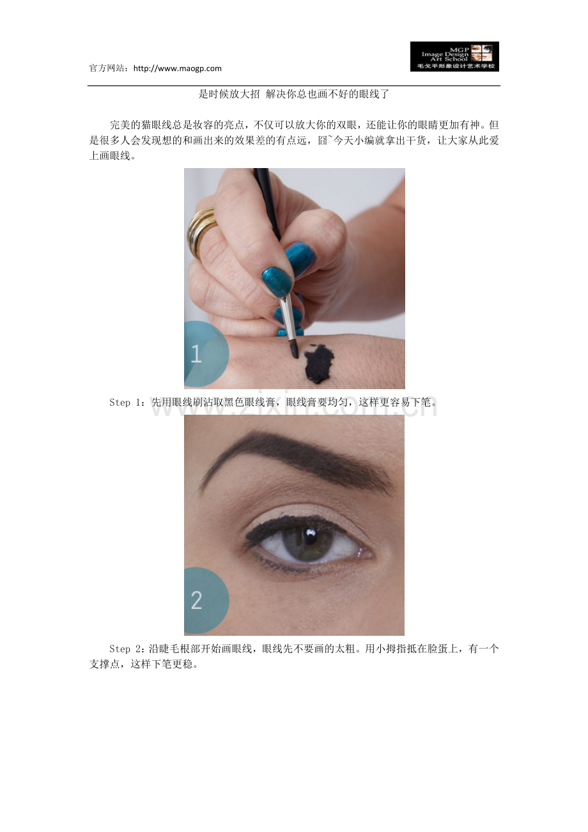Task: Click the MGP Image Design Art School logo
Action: [x=454, y=56]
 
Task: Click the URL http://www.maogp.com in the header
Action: [x=177, y=68]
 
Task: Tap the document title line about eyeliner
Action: [x=293, y=94]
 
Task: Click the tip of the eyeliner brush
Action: [x=296, y=356]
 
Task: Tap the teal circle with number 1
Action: [x=206, y=354]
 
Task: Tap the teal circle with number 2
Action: [x=206, y=600]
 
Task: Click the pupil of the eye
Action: [x=309, y=536]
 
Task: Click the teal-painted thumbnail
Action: [x=277, y=281]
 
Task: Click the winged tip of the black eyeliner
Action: [x=247, y=536]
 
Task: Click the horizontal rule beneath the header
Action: [x=294, y=86]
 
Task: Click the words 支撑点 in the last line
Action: [x=104, y=664]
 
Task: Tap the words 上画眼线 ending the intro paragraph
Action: [x=109, y=156]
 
